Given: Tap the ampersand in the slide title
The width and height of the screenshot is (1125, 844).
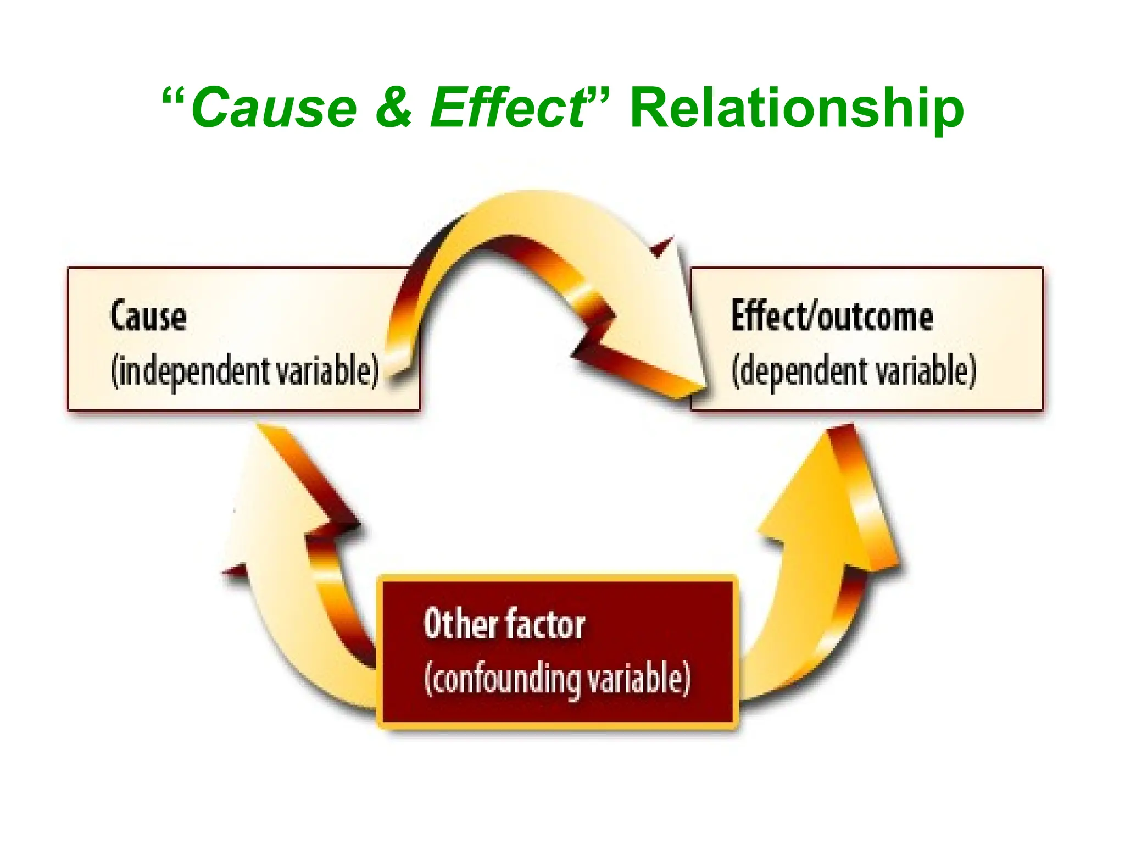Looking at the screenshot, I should [x=393, y=108].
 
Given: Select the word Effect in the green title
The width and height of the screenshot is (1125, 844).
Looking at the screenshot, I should [x=508, y=108].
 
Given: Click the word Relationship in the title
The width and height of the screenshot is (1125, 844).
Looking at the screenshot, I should [x=796, y=110].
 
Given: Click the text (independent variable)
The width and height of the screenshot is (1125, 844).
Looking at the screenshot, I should [x=245, y=371].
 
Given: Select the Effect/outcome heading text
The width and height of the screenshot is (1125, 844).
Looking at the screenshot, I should [x=832, y=317].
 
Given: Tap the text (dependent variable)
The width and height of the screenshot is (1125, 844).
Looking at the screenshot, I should [x=853, y=371].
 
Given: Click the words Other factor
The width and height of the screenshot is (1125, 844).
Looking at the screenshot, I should [x=504, y=625].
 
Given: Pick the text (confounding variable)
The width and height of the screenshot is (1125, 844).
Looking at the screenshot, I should [x=557, y=679].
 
